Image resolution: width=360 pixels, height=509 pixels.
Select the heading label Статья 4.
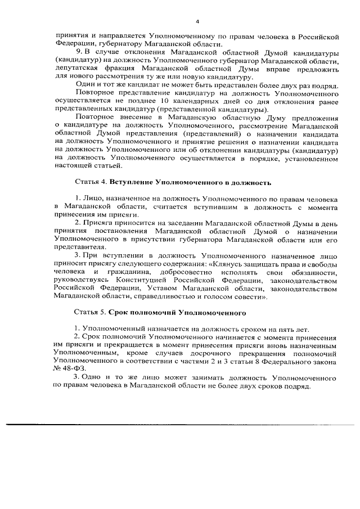coord(90,183)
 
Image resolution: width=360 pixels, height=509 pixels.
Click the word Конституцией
coord(143,280)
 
